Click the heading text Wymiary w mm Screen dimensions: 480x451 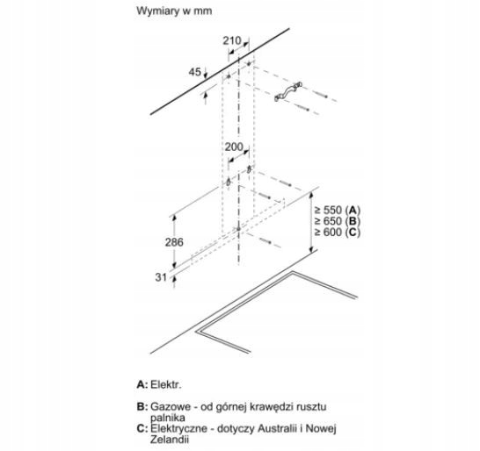(174, 11)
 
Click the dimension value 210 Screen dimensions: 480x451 (232, 40)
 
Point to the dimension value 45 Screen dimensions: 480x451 (195, 72)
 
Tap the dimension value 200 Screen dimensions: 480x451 (234, 147)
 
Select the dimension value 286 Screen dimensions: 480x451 (174, 242)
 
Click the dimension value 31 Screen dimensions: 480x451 (161, 277)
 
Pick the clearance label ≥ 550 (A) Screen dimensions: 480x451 (338, 211)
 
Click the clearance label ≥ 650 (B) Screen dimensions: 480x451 (338, 221)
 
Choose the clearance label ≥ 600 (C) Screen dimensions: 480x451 (338, 233)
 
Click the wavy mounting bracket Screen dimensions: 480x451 (288, 91)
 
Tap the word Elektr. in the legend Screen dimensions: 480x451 (166, 384)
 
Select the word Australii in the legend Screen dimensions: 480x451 (277, 428)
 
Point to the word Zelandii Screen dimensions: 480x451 (169, 440)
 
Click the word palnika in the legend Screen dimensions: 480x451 (168, 418)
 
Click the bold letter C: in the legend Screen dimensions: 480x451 (142, 429)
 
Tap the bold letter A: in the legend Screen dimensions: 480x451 (142, 384)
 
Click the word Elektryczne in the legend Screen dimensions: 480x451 (178, 428)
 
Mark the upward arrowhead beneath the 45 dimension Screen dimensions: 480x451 (206, 96)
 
